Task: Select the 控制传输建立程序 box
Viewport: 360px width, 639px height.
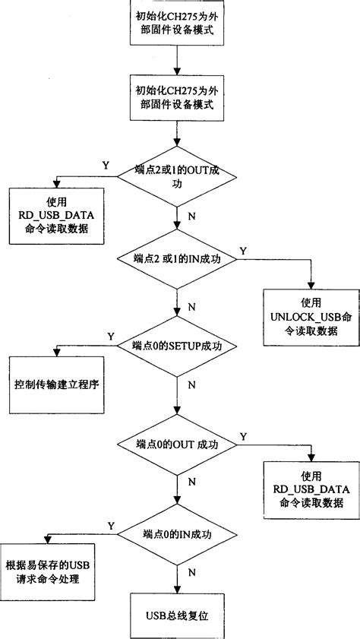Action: (57, 384)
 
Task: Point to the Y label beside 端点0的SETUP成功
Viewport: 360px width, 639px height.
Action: (111, 336)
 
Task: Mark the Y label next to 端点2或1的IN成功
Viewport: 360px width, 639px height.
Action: (242, 250)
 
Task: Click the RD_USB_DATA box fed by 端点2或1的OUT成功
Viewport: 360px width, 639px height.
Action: (57, 216)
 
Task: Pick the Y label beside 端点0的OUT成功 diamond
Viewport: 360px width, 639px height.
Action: (242, 436)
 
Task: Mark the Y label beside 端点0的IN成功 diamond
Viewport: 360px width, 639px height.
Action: (111, 526)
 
